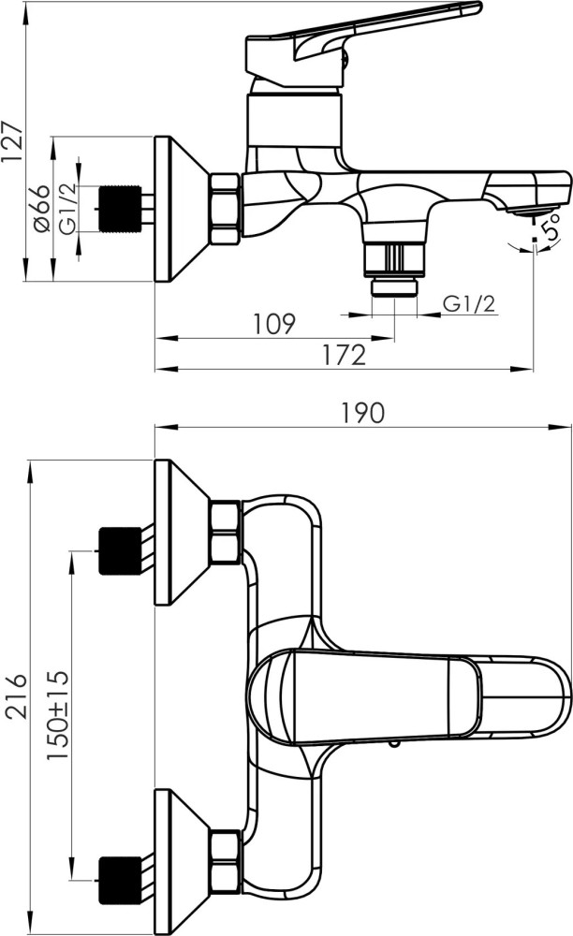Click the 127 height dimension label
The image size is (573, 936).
(x=12, y=141)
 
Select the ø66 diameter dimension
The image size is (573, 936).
(x=41, y=209)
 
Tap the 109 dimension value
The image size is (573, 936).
(x=274, y=324)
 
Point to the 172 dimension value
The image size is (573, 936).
(x=345, y=355)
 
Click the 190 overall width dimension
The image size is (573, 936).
(x=363, y=413)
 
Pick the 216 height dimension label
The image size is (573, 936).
(x=16, y=696)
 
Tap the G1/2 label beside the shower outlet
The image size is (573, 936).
(x=469, y=304)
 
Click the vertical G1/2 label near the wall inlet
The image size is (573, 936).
(x=68, y=209)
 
